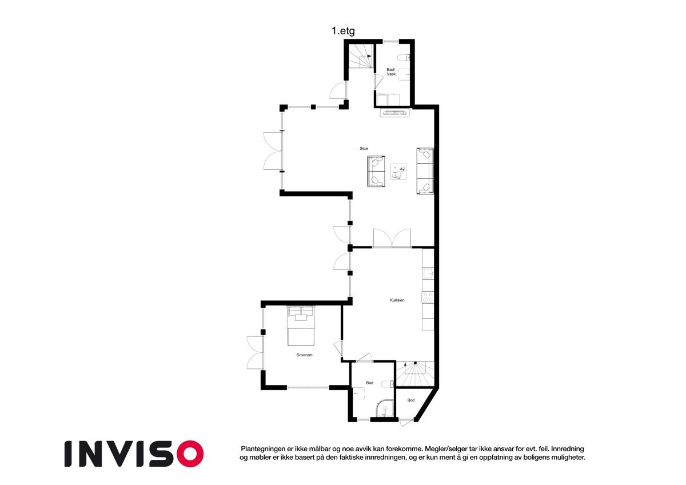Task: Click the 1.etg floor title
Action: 343,32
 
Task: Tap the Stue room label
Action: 364,149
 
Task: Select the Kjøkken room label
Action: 397,300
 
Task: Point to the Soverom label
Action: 304,355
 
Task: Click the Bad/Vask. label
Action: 392,72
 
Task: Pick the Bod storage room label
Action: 410,400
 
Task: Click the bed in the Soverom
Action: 301,327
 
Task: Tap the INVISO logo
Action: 133,454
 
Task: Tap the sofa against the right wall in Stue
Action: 425,171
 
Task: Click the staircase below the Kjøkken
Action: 416,375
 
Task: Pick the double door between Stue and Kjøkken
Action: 392,238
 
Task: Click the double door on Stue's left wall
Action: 273,151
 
